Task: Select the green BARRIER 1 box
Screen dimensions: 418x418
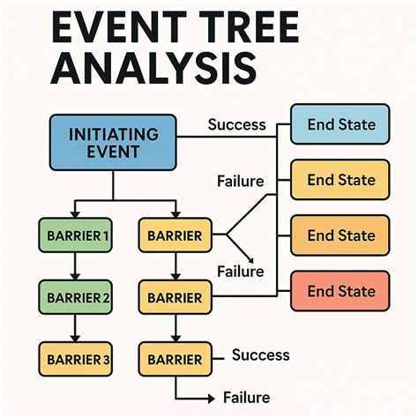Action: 76,235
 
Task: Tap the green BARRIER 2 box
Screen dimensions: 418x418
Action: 76,297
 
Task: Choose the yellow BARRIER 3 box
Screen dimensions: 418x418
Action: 76,358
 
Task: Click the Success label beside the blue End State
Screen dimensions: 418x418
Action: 236,123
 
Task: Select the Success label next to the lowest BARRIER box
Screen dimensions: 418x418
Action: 260,355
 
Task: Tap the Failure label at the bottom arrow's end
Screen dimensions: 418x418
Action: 247,398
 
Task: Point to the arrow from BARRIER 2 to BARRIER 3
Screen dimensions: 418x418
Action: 76,328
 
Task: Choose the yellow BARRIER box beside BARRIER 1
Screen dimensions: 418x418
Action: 175,235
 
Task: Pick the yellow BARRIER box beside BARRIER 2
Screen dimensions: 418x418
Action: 175,297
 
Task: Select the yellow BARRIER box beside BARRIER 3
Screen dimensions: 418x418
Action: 175,358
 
